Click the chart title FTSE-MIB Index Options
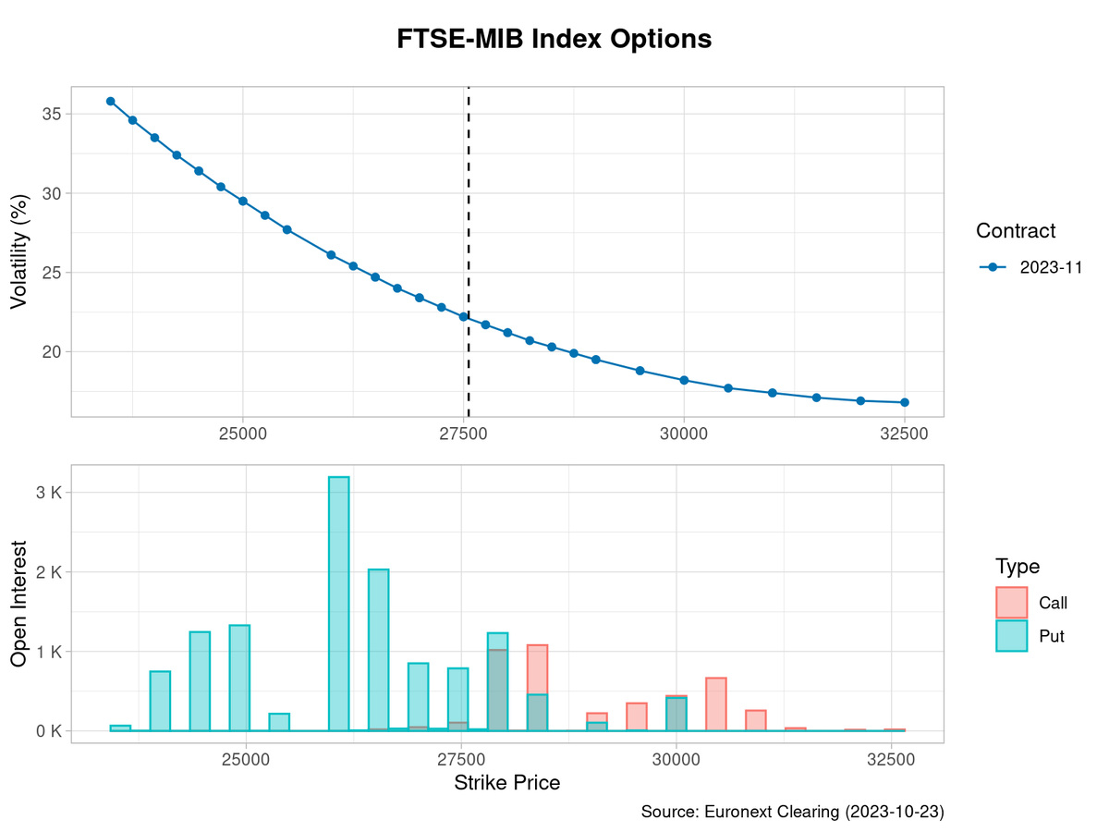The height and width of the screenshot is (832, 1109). (x=554, y=40)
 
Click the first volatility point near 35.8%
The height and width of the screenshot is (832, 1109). (x=110, y=101)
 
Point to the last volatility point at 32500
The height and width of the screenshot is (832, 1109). (x=905, y=402)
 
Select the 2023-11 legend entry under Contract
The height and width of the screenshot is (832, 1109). (x=1025, y=267)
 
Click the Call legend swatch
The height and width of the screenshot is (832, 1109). (x=1011, y=603)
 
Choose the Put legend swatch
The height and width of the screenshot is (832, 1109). (x=1011, y=636)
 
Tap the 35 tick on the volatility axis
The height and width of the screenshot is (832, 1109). (x=51, y=114)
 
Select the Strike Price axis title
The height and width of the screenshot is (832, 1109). (x=506, y=783)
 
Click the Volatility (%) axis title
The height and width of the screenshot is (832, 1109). (x=19, y=251)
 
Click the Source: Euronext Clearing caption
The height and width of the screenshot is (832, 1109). (x=792, y=812)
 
